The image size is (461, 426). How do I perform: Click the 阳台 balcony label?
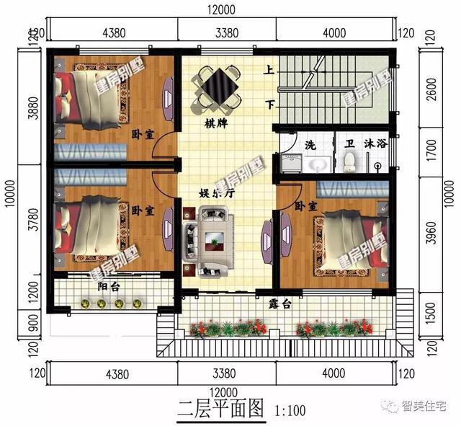[110, 286]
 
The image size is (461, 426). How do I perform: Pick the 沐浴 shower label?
[376, 143]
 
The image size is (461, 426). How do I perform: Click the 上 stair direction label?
[269, 71]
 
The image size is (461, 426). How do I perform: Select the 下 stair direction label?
[269, 105]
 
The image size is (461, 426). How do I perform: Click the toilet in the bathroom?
[349, 161]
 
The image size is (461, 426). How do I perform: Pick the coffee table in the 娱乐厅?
[213, 239]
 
